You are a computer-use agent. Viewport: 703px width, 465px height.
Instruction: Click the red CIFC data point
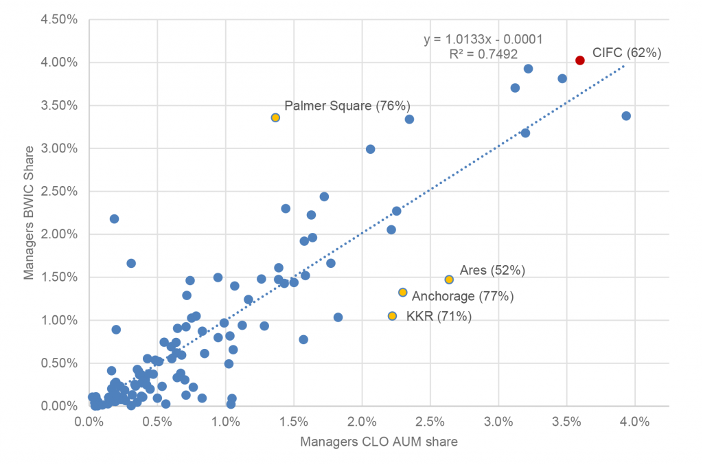click(x=579, y=60)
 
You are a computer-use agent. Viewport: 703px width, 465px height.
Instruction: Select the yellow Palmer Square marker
click(x=275, y=117)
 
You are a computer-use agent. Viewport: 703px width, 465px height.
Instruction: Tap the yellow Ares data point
click(x=449, y=280)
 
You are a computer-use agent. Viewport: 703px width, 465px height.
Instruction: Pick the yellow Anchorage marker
click(x=403, y=293)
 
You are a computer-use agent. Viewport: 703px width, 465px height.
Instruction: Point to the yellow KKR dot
click(x=392, y=316)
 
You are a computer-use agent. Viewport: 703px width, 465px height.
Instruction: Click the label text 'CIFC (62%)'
click(x=627, y=53)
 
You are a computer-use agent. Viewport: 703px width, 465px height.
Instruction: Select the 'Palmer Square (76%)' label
click(x=347, y=106)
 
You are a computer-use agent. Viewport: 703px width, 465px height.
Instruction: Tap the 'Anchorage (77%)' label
click(x=463, y=297)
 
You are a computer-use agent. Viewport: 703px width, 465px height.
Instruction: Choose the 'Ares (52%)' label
click(x=492, y=271)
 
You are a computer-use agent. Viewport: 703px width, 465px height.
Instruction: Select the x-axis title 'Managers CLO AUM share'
click(x=378, y=442)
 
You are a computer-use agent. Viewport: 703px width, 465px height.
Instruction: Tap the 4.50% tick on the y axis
click(x=59, y=19)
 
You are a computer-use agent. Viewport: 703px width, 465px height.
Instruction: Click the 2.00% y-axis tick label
click(x=59, y=234)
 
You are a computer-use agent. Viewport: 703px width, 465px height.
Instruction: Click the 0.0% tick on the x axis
click(x=89, y=420)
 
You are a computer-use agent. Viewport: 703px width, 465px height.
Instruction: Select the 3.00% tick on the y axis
click(x=59, y=148)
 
